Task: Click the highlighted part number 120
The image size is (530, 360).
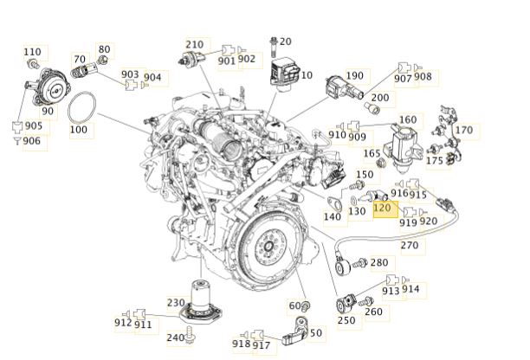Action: [x=382, y=207]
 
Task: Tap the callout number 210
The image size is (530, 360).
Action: [x=194, y=44]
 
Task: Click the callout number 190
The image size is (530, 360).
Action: [x=354, y=75]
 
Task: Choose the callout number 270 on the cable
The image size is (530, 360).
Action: [x=410, y=245]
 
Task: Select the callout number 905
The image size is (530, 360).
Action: [x=34, y=125]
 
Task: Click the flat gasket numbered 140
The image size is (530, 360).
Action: [x=334, y=203]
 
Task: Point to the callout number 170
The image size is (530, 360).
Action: [x=464, y=130]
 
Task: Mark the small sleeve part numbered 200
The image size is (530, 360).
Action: [x=372, y=109]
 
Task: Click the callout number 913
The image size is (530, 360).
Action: [x=391, y=291]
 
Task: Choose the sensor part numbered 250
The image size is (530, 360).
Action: [x=346, y=304]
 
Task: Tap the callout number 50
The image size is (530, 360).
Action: [x=315, y=332]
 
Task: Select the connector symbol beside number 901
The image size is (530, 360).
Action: [x=228, y=50]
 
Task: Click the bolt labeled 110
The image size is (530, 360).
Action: [x=33, y=63]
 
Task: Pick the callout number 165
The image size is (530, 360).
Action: [x=372, y=153]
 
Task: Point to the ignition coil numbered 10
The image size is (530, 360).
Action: [x=284, y=74]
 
